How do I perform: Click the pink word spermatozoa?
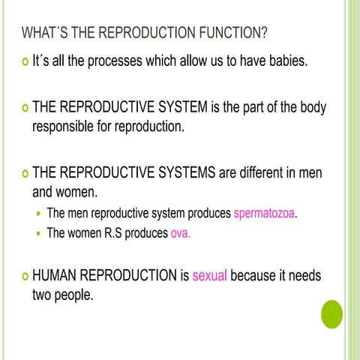pyautogui.click(x=265, y=214)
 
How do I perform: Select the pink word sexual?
pyautogui.click(x=209, y=276)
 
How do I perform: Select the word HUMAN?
pyautogui.click(x=55, y=276)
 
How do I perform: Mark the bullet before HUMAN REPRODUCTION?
pyautogui.click(x=24, y=277)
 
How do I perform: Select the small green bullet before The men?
pyautogui.click(x=39, y=214)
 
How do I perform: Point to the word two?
pyautogui.click(x=43, y=295)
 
